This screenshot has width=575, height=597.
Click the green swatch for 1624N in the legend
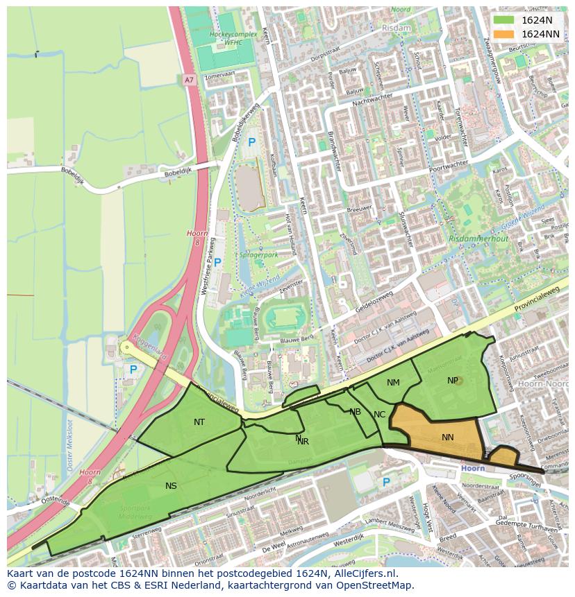tap(504, 21)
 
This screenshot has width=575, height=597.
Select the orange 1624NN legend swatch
tap(504, 34)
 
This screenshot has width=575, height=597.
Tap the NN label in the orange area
tap(448, 437)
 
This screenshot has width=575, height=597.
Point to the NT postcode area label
tap(199, 422)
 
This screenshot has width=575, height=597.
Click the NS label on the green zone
tap(171, 485)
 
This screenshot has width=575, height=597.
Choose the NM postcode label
tap(393, 382)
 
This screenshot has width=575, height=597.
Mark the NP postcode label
tap(453, 380)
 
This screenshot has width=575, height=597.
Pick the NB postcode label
tap(355, 411)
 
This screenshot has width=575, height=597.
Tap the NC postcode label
tap(379, 415)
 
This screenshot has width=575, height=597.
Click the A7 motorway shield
tap(189, 80)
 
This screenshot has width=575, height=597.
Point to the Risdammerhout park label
tap(478, 239)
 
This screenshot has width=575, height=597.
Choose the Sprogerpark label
tap(258, 254)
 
